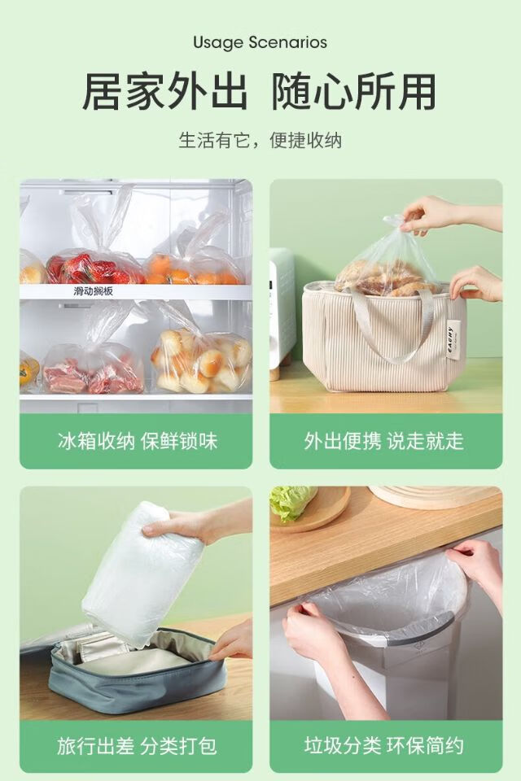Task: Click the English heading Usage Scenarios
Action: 260,42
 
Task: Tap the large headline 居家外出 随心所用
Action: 260,92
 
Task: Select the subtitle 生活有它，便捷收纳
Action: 260,141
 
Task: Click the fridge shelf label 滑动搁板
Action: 94,291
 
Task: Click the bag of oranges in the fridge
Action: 195,269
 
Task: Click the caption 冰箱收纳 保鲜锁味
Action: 137,441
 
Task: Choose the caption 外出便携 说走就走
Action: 384,441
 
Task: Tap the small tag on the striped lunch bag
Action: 450,342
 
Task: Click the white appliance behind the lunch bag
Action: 282,314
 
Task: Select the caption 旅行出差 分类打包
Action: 137,746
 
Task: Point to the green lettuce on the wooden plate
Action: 291,502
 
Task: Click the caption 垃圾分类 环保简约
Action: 384,746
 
